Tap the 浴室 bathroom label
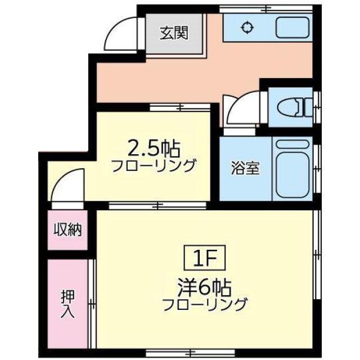(x=245, y=168)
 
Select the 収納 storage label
(x=68, y=229)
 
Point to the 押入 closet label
(x=67, y=303)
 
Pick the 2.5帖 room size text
(x=154, y=149)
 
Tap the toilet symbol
(x=296, y=107)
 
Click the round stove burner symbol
(x=246, y=27)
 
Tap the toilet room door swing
(x=240, y=110)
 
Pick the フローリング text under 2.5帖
(x=154, y=165)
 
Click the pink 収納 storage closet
(x=68, y=229)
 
